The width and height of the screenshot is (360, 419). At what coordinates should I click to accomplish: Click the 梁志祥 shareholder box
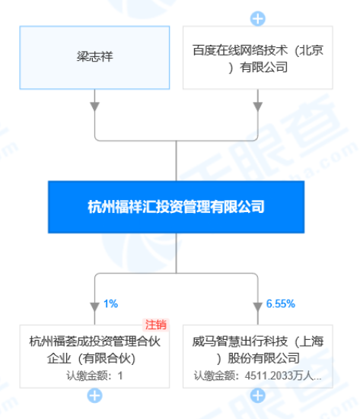94,58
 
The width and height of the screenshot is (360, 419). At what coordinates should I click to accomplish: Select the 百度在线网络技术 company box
257,58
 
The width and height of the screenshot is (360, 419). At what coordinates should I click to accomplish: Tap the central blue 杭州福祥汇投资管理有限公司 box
176,207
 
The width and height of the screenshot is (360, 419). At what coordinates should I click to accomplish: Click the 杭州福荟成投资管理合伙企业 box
94,357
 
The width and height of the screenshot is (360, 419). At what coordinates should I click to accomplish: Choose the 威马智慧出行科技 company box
257,357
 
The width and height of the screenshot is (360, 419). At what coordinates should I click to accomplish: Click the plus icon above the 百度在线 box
257,19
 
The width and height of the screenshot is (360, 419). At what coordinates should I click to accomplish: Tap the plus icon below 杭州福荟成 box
94,395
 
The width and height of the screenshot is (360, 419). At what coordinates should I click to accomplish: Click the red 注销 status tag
156,325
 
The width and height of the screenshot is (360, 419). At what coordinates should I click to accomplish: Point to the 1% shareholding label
110,304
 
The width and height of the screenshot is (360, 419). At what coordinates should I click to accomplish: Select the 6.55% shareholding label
281,304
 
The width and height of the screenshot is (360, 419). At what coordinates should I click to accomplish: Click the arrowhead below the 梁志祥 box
94,106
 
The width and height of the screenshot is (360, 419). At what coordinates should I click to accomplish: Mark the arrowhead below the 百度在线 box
258,106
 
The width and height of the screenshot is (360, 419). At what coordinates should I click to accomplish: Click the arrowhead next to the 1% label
94,307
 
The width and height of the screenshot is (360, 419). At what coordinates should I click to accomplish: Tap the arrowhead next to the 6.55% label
258,307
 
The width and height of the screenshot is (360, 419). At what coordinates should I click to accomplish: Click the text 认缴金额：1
94,376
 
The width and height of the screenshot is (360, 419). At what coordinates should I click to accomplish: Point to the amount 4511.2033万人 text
279,376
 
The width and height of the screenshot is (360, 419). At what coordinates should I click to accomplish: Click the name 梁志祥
94,56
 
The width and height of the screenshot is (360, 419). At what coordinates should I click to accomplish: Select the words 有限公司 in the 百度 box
263,67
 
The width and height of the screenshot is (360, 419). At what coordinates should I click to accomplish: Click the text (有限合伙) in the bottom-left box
107,358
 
